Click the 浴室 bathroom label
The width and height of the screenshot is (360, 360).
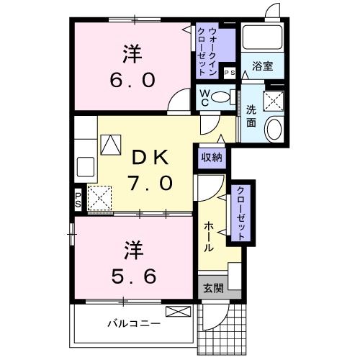[262, 66]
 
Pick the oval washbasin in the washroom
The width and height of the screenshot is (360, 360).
[274, 130]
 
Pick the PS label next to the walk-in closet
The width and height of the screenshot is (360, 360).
[230, 73]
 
